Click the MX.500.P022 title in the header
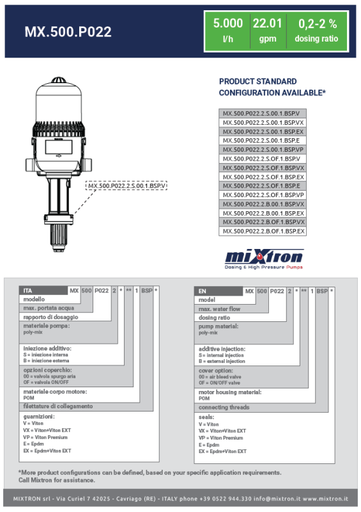[68, 31]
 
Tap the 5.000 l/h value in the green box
[228, 30]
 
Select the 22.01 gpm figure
[268, 30]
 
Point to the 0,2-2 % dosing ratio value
[317, 30]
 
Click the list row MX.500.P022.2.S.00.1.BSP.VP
[263, 150]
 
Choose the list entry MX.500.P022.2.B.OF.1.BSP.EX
[263, 231]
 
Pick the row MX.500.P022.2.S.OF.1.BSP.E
[263, 186]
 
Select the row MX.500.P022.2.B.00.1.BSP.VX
[263, 204]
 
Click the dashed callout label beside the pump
[127, 186]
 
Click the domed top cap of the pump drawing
[59, 80]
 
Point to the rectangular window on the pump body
[59, 147]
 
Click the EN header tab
[219, 291]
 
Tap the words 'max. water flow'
[219, 309]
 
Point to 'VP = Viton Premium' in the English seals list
[221, 438]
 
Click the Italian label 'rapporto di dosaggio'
[50, 317]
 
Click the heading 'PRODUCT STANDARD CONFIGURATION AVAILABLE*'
[272, 87]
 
